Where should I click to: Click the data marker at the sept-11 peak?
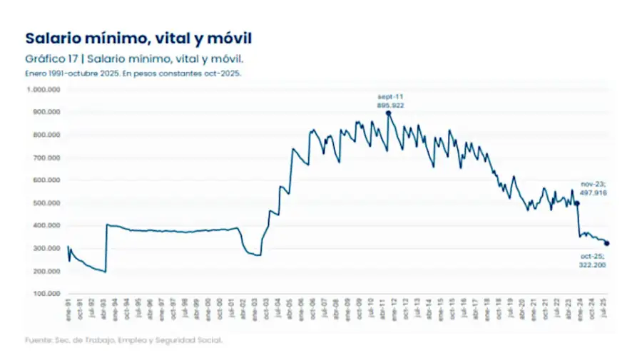(x=388, y=113)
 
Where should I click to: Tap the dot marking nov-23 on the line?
(x=576, y=203)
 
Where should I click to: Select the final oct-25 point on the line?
(x=607, y=243)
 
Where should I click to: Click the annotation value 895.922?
(x=391, y=104)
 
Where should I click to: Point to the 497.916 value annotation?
(x=593, y=192)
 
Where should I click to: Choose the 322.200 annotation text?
(x=592, y=264)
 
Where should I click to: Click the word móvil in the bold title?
(x=229, y=38)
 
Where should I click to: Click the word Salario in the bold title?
(x=53, y=38)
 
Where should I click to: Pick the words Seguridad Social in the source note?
(x=197, y=340)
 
